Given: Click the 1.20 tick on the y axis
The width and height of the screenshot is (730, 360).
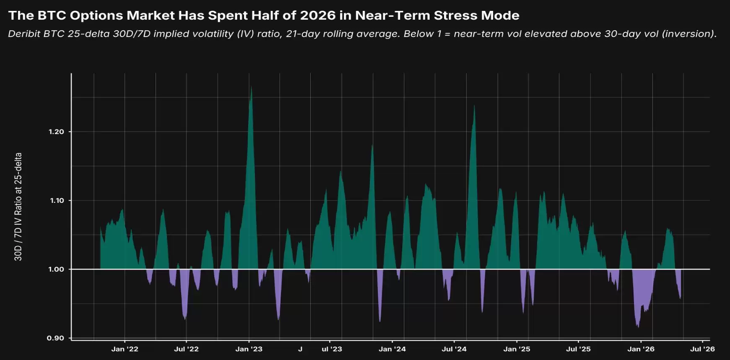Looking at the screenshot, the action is [56, 132].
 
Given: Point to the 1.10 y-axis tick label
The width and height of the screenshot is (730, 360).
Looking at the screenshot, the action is [57, 200].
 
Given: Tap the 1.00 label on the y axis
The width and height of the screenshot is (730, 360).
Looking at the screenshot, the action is [56, 269].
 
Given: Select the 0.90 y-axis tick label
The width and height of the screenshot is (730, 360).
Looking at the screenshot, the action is [55, 338].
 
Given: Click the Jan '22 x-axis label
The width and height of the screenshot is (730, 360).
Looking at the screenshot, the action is [125, 349].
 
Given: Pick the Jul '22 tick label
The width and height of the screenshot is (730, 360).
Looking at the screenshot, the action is [186, 349].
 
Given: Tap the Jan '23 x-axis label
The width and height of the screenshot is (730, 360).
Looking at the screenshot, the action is [249, 349].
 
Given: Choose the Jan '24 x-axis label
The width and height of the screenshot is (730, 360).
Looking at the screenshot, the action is [392, 349].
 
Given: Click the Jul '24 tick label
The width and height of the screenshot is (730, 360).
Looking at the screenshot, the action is [454, 349].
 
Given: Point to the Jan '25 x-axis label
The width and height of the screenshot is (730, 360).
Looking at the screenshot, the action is [517, 349].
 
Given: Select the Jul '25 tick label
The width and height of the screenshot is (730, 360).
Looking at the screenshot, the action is [578, 349].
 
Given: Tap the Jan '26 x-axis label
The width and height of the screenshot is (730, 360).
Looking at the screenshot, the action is [641, 349].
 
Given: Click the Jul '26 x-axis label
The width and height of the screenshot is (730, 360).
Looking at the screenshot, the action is [702, 349].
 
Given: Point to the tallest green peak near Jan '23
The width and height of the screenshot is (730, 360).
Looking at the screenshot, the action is [251, 87].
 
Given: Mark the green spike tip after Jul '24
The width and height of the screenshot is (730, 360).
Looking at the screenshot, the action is [474, 105].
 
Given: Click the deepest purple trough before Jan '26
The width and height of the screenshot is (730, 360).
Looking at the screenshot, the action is [638, 327].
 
